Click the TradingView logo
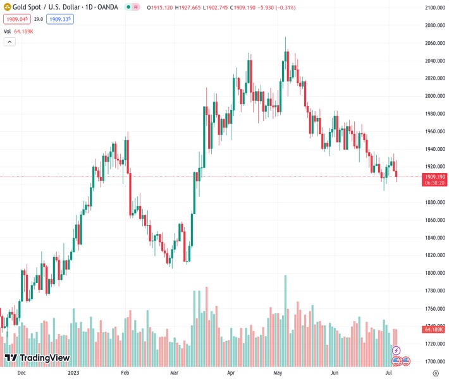pyautogui.click(x=37, y=358)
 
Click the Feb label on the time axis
pyautogui.click(x=125, y=373)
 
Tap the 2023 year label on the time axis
pyautogui.click(x=74, y=373)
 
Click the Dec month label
pyautogui.click(x=21, y=373)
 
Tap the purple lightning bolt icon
pyautogui.click(x=397, y=351)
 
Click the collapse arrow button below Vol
pyautogui.click(x=9, y=42)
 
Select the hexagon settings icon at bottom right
pyautogui.click(x=436, y=373)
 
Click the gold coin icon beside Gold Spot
pyautogui.click(x=7, y=8)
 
